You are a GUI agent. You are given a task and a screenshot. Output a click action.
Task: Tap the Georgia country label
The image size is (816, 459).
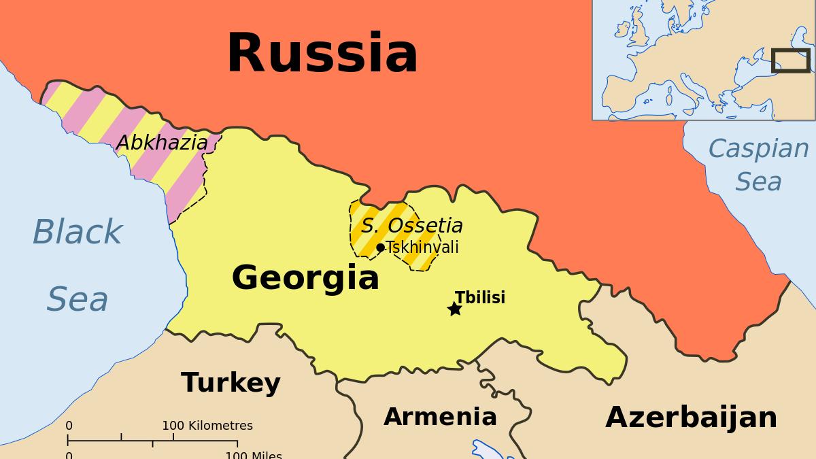click(305, 278)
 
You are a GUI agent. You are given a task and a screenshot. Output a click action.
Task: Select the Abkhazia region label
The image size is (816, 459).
click(162, 143)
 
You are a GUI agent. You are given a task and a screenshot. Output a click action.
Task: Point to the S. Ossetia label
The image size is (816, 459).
click(411, 226)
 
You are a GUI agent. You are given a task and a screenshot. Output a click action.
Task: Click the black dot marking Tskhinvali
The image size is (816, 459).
click(380, 248)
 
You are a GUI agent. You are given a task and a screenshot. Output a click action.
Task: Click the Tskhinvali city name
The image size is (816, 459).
click(422, 248)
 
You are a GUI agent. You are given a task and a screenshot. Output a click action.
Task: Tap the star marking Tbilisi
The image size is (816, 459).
click(454, 309)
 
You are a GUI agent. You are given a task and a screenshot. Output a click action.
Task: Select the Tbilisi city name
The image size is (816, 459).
click(480, 298)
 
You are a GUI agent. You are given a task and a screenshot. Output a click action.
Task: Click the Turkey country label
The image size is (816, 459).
click(231, 384)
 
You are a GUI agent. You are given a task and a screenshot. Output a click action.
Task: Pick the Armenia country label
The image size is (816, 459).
click(440, 417)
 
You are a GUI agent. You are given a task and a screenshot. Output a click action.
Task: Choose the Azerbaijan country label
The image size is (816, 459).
click(691, 418)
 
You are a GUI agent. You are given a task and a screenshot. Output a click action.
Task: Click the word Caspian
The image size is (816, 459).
click(758, 148)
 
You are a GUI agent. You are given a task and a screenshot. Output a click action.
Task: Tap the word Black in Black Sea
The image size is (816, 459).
click(77, 233)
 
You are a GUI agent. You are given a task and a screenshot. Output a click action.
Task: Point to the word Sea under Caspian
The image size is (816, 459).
click(758, 182)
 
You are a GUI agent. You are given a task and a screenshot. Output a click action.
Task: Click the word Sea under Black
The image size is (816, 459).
click(78, 300)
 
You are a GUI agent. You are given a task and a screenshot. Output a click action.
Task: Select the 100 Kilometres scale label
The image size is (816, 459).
click(207, 426)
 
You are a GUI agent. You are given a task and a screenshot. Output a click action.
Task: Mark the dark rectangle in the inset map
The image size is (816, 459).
click(790, 61)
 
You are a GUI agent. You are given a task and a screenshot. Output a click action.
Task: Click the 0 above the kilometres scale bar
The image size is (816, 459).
click(69, 426)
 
